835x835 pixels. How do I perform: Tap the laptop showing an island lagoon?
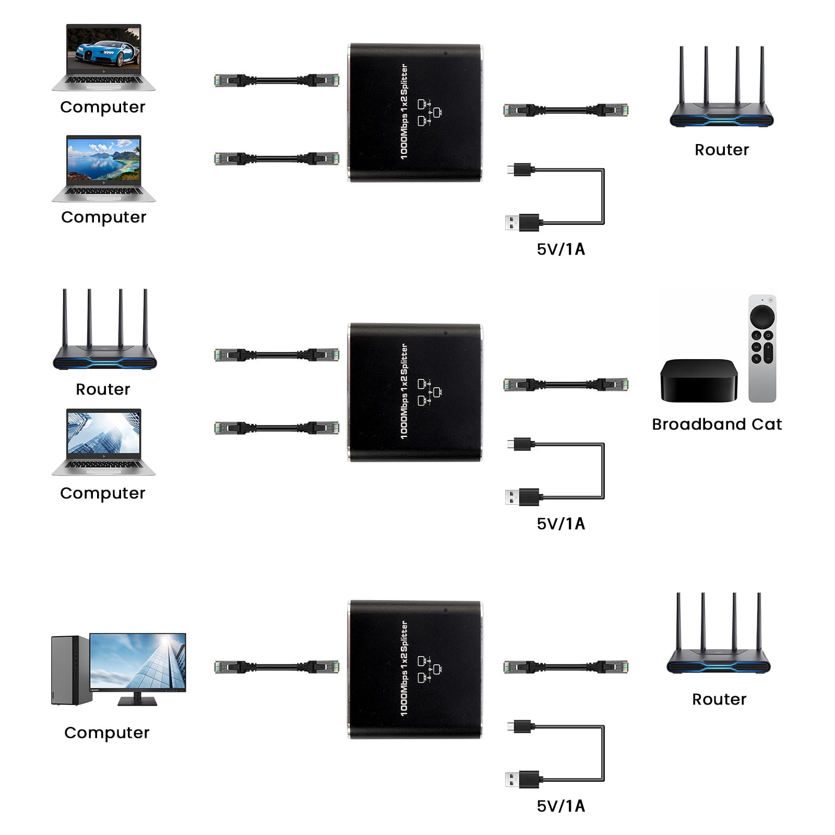[x=103, y=168]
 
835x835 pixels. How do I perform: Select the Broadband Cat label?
[x=717, y=424]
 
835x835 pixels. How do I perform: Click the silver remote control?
[x=762, y=348]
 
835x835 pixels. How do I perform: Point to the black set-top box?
[x=698, y=380]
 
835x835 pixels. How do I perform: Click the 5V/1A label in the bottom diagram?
[x=561, y=806]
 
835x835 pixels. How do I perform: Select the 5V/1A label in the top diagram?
[x=561, y=249]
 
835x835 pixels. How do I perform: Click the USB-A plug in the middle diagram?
[x=522, y=497]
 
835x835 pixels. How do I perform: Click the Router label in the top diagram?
[x=722, y=150]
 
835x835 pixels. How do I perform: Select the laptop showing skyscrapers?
[x=103, y=441]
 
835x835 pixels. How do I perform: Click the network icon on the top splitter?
[x=429, y=112]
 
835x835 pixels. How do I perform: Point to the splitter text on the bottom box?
[x=404, y=668]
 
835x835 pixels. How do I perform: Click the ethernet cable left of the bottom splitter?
[x=277, y=666]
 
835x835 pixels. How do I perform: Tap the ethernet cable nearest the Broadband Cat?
[x=566, y=385]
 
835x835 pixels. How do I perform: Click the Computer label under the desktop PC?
[x=106, y=733]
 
